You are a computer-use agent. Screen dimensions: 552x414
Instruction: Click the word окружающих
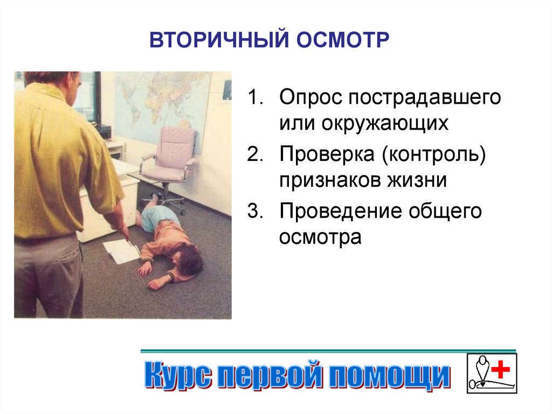385,124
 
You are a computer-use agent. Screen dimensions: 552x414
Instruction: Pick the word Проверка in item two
327,155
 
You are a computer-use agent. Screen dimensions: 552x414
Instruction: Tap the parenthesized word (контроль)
434,155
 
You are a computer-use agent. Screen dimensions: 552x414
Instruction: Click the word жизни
417,180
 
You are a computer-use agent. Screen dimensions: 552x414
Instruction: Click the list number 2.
255,154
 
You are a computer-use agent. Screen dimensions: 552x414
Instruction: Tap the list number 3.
255,211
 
